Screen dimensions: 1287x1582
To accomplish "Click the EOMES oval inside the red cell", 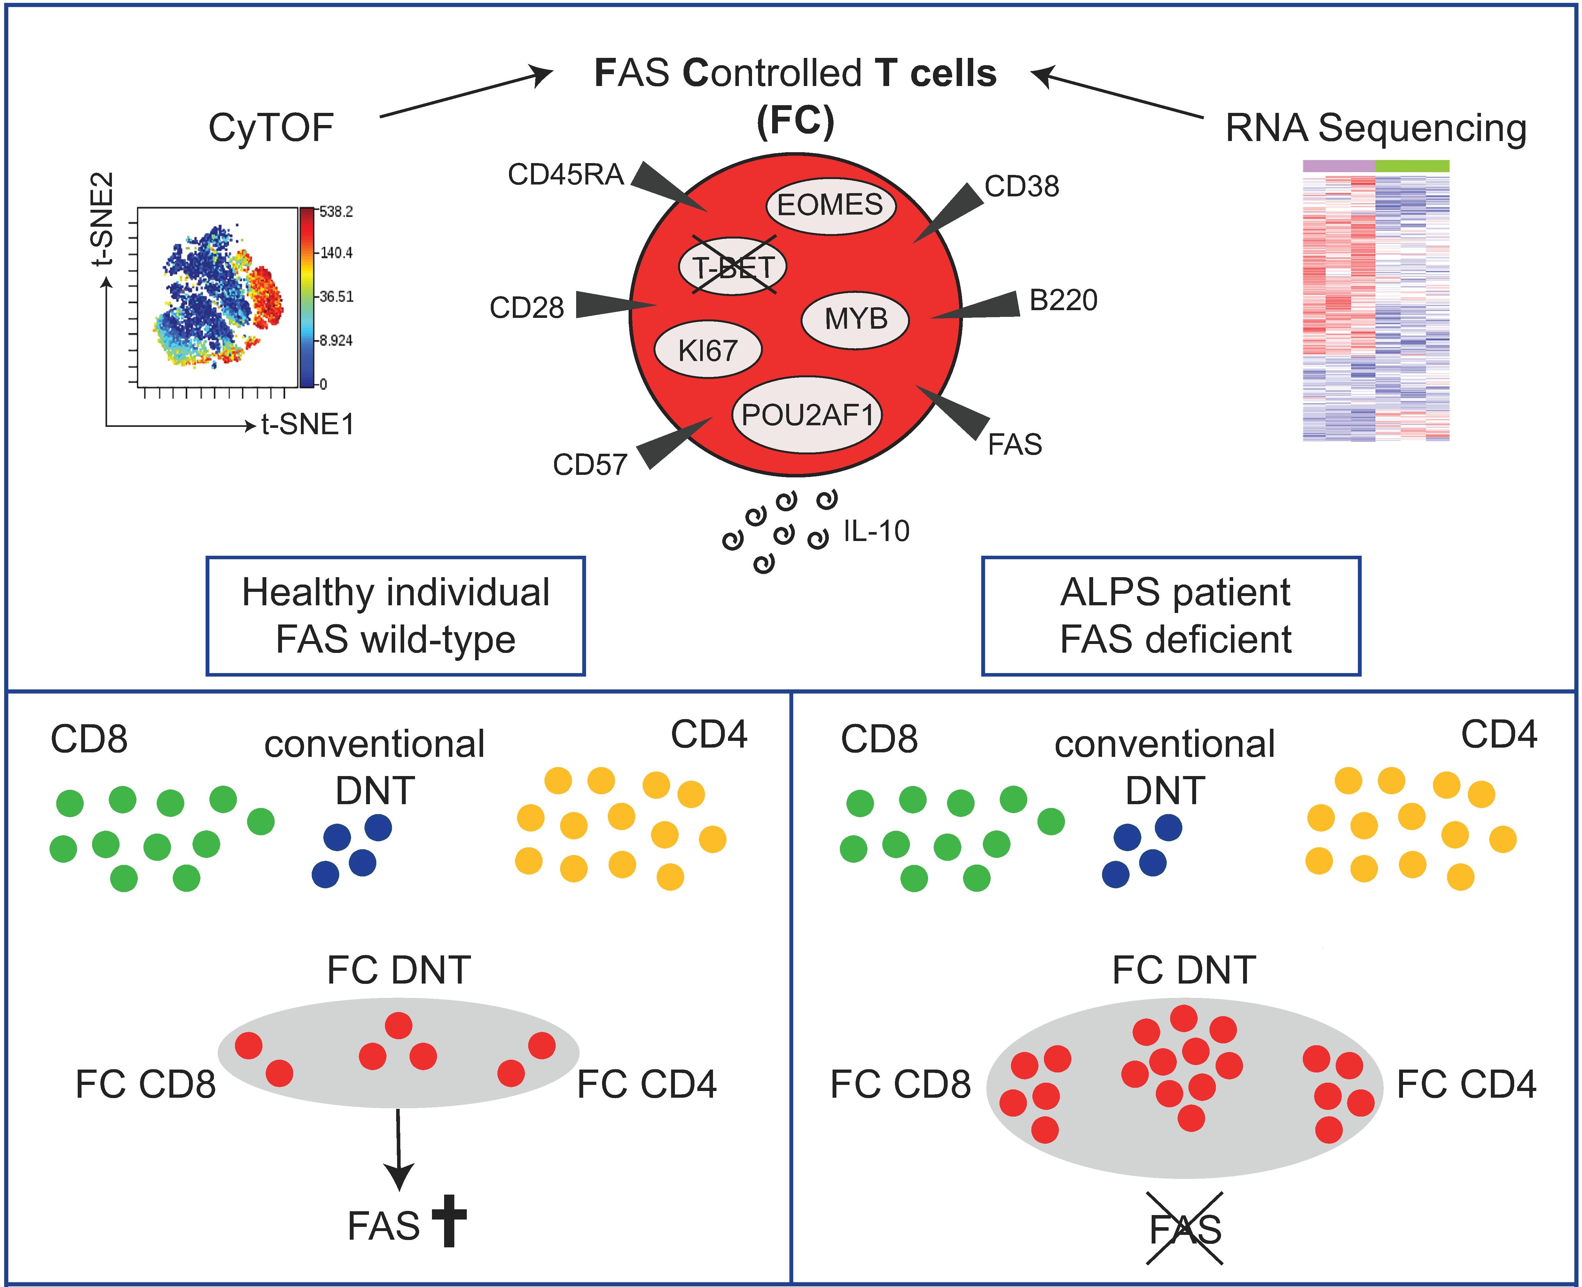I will click(830, 205).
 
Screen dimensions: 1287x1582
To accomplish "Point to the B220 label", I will click(1063, 300).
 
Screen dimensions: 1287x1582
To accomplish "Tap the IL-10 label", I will click(876, 531).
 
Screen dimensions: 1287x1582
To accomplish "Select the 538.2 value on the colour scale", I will click(337, 212).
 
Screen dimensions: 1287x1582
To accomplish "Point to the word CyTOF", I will click(271, 128).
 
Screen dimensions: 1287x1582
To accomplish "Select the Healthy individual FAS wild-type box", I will click(396, 616).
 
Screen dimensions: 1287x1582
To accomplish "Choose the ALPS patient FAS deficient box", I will click(1171, 616).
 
